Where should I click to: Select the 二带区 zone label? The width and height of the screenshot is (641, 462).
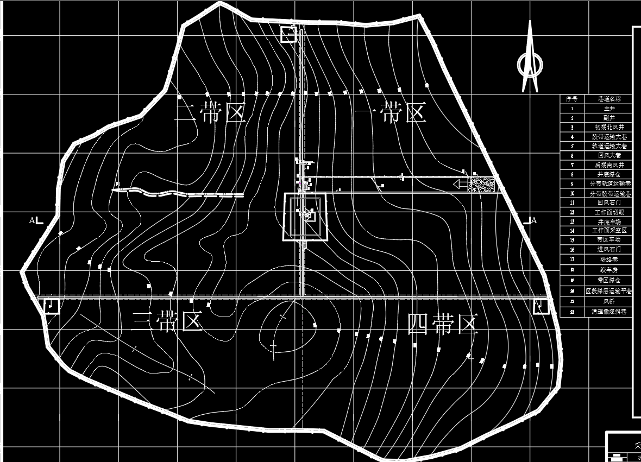[x=211, y=113]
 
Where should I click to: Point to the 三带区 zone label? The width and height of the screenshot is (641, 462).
[x=167, y=322]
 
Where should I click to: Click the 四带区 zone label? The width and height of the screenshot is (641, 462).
[x=443, y=325]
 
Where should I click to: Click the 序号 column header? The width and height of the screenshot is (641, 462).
[x=571, y=99]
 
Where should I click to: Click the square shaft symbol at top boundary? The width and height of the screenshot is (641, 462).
[x=288, y=34]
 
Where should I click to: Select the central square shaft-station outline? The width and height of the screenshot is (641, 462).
[x=305, y=216]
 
